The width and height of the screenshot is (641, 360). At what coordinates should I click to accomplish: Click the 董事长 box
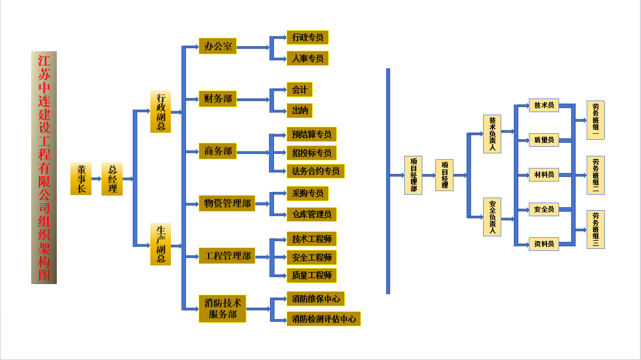pyautogui.click(x=80, y=179)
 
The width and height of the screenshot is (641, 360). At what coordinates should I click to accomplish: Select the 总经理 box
pyautogui.click(x=112, y=179)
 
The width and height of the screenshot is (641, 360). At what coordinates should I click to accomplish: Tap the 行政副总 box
pyautogui.click(x=160, y=112)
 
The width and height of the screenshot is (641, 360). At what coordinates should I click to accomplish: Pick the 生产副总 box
pyautogui.click(x=160, y=244)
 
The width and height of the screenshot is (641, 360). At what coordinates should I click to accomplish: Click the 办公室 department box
pyautogui.click(x=218, y=47)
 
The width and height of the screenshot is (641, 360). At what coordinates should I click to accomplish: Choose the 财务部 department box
pyautogui.click(x=218, y=99)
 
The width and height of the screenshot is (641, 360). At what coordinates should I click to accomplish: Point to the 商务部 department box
pyautogui.click(x=218, y=151)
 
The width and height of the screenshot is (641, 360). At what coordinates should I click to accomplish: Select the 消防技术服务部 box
pyautogui.click(x=222, y=309)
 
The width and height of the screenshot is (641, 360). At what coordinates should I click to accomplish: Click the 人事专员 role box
pyautogui.click(x=307, y=58)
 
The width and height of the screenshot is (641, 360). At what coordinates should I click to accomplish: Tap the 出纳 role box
pyautogui.click(x=300, y=111)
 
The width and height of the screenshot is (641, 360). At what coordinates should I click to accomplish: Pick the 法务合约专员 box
pyautogui.click(x=315, y=171)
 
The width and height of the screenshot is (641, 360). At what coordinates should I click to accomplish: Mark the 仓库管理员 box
pyautogui.click(x=311, y=215)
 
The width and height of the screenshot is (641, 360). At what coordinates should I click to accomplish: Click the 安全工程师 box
pyautogui.click(x=311, y=257)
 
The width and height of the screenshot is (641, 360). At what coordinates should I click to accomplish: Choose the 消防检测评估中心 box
pyautogui.click(x=323, y=319)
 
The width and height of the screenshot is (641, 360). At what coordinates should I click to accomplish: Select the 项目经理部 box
pyautogui.click(x=413, y=175)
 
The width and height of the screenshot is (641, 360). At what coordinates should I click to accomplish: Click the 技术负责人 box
pyautogui.click(x=492, y=134)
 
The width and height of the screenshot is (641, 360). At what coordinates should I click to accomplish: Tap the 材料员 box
pyautogui.click(x=543, y=174)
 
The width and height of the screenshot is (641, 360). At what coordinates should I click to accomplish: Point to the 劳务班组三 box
pyautogui.click(x=595, y=229)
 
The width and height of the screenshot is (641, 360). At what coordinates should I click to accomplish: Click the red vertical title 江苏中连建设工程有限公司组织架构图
pyautogui.click(x=44, y=167)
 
